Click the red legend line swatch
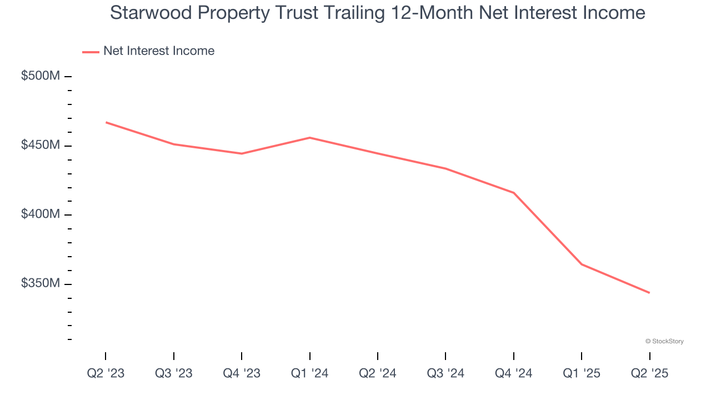click(91, 52)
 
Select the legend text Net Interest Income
click(159, 51)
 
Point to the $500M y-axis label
click(40, 76)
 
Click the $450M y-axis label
click(40, 145)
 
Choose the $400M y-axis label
click(40, 214)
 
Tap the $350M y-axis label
click(40, 283)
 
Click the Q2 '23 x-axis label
click(106, 373)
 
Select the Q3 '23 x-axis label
click(174, 373)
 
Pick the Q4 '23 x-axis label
click(242, 373)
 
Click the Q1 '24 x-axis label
click(310, 373)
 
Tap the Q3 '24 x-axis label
click(445, 373)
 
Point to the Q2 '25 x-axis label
click(649, 373)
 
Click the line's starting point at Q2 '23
click(106, 122)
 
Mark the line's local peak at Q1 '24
click(310, 138)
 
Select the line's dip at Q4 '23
click(242, 153)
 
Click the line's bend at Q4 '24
click(514, 193)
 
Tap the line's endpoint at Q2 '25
click(649, 293)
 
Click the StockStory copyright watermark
click(664, 341)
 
